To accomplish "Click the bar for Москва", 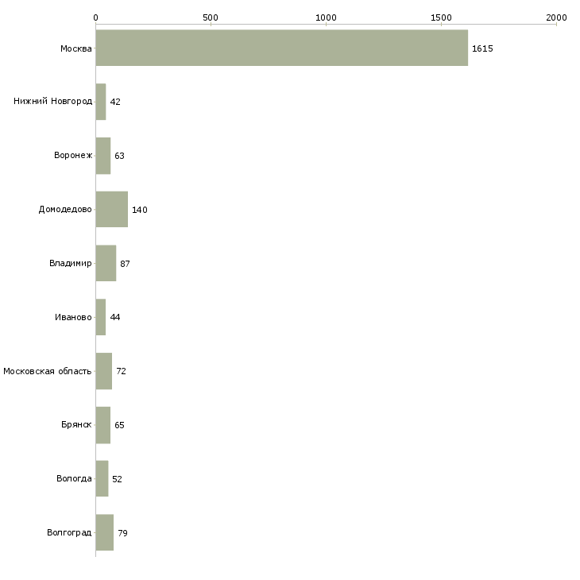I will click(281, 48).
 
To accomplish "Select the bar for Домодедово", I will click(111, 209).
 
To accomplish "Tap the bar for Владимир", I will click(106, 263).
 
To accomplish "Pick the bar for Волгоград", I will click(104, 532).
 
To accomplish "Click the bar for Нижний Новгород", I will click(100, 102).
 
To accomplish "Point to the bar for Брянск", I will click(102, 425).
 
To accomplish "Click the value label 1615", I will click(482, 48).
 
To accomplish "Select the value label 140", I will click(140, 210).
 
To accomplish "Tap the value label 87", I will click(125, 264).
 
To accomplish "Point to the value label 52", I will click(117, 479).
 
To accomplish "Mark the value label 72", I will click(121, 371).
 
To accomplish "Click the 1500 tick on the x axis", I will click(441, 17).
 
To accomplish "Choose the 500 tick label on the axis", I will click(211, 17).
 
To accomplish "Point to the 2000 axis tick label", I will click(556, 17).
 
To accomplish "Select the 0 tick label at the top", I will click(95, 17).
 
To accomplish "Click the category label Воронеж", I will click(73, 156).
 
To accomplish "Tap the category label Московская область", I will click(47, 371).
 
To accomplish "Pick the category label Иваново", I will click(73, 317).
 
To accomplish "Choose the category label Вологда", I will click(74, 479).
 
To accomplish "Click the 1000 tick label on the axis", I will click(326, 17).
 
